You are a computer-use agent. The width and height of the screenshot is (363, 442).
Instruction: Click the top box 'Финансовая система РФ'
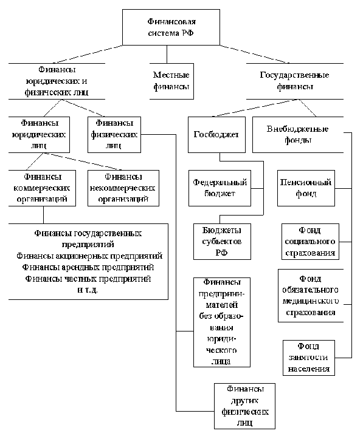(171, 27)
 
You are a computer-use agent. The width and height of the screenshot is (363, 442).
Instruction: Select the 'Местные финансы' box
(171, 81)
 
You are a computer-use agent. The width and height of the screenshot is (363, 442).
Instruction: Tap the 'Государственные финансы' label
(295, 81)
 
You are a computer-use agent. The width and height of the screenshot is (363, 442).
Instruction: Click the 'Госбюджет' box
(216, 135)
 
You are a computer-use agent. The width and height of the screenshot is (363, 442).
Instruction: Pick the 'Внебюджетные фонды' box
(298, 135)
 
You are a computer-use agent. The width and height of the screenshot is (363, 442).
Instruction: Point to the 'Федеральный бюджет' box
(220, 188)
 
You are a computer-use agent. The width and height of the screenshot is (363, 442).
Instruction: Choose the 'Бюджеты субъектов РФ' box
(222, 242)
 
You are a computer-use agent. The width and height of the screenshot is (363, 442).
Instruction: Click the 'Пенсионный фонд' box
(306, 188)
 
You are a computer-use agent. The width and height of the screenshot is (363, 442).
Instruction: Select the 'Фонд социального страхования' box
(310, 242)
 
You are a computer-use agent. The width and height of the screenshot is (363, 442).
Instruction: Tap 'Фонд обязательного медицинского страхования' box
(311, 296)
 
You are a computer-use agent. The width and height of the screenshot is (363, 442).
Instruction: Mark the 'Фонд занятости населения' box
(309, 358)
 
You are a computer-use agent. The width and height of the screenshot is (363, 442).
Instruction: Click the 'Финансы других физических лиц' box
(244, 406)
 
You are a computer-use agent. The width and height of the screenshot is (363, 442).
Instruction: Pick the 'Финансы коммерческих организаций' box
(42, 188)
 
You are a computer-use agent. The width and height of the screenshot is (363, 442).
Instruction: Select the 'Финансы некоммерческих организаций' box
(123, 188)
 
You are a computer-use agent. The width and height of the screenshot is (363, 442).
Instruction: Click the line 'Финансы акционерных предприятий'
(89, 256)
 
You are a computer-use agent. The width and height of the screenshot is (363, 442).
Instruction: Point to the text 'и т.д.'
(88, 290)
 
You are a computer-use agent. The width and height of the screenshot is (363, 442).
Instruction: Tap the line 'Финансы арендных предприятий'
(88, 267)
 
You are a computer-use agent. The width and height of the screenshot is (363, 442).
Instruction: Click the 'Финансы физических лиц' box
(114, 135)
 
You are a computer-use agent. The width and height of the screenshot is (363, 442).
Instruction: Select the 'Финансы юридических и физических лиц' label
(57, 81)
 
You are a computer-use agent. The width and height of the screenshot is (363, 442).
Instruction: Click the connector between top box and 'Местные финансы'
(167, 54)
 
